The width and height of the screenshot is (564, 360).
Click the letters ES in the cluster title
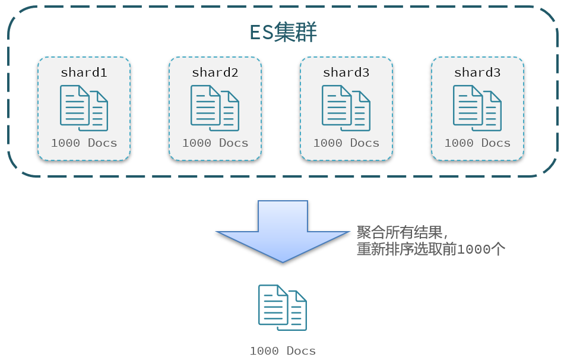coord(262,32)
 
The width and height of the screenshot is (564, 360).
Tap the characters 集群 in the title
coord(295,32)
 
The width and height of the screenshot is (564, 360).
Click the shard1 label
coord(84,72)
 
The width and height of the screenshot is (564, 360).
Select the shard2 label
coord(215,72)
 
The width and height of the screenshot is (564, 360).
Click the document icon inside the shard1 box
coord(84,108)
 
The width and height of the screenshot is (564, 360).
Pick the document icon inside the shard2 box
coord(215,108)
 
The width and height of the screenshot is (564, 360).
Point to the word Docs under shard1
coord(103,143)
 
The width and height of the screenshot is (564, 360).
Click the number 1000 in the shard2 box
coord(197,143)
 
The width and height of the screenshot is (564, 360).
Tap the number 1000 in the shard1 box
coord(65,143)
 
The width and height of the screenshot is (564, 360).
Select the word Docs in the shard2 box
coord(234,143)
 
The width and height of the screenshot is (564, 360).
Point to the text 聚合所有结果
coord(400,232)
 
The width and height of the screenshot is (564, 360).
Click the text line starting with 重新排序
coord(431,249)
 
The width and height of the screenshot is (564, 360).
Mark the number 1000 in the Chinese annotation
coord(474,250)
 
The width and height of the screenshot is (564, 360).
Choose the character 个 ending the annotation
coord(499,249)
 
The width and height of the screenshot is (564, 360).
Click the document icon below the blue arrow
coord(283,308)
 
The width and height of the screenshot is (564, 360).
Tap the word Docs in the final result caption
coord(302,350)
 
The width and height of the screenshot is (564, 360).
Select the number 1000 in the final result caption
coord(264,350)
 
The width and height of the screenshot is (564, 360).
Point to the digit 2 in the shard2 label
coord(235,72)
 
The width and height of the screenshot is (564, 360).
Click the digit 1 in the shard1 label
coord(103,72)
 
